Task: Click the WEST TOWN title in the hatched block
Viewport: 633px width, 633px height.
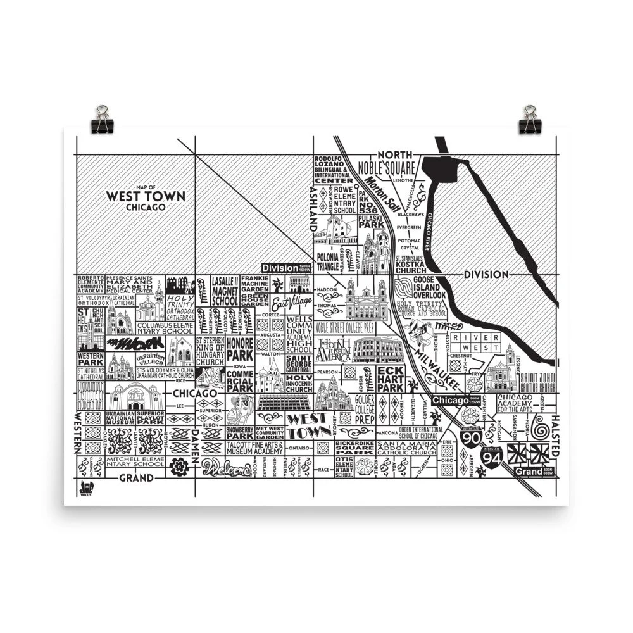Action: pos(146,196)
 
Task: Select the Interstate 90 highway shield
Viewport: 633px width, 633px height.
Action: pos(470,436)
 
